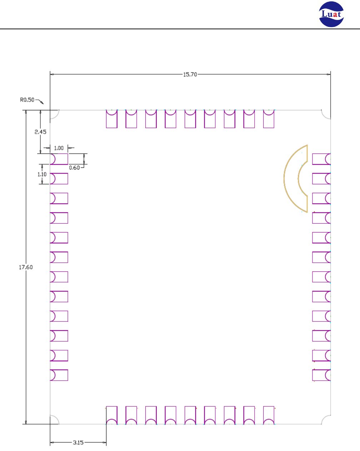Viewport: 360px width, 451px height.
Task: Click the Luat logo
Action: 331,14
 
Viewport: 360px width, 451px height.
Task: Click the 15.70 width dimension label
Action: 190,75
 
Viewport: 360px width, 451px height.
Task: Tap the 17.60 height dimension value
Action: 26,267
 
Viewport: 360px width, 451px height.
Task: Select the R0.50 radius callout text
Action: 27,100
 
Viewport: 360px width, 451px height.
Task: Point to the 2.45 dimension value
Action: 40,132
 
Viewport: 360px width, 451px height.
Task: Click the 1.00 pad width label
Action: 59,148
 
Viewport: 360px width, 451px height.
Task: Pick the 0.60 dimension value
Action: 74,168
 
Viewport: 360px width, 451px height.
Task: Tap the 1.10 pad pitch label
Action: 42,174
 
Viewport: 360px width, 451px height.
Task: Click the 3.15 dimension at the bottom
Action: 78,442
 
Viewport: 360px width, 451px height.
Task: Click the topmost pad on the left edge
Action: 59,159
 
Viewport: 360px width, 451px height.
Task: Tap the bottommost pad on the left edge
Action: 59,375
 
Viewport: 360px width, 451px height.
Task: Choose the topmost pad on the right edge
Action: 321,159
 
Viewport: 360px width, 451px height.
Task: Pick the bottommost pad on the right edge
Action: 321,375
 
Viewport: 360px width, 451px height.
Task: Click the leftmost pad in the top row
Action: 112,119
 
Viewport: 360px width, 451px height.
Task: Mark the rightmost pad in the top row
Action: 269,119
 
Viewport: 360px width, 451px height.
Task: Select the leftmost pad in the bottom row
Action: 112,415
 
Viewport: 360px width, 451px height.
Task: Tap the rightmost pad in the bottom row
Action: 269,415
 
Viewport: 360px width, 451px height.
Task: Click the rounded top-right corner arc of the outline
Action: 324,116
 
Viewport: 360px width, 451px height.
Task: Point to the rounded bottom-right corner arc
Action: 324,418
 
